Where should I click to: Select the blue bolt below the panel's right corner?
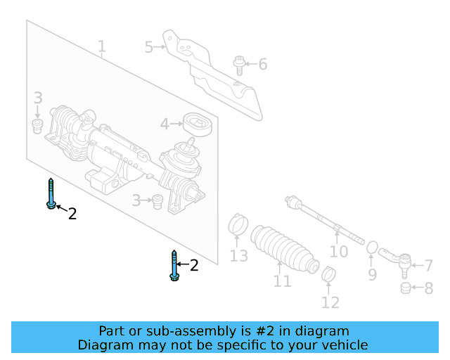(173, 265)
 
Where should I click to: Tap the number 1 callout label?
(102, 48)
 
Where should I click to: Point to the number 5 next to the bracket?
(149, 47)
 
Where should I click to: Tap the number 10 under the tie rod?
(339, 251)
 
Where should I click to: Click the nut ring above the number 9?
(372, 248)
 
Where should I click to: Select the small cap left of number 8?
(405, 288)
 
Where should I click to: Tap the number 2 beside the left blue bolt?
(72, 214)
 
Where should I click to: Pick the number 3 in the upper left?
(38, 98)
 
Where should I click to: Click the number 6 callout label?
(262, 65)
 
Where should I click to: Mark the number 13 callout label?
(239, 256)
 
